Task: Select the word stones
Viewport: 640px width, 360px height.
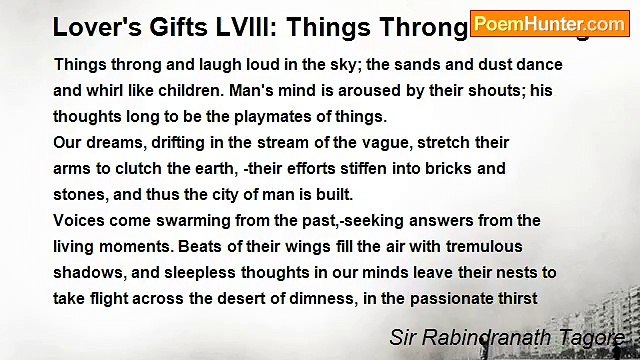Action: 80,194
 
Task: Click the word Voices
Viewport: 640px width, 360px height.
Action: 82,220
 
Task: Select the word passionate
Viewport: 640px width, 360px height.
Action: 441,298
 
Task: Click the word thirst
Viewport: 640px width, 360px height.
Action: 515,298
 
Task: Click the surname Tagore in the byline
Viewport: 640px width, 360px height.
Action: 594,338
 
